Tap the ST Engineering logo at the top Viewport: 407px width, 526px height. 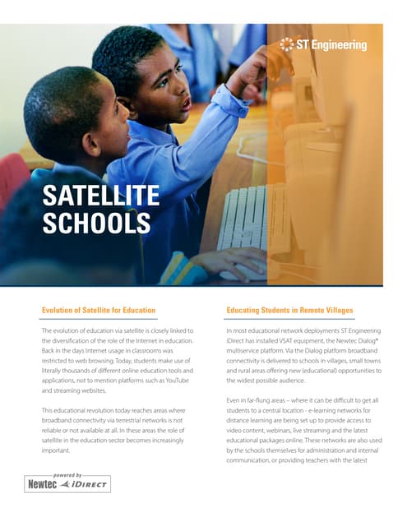323,44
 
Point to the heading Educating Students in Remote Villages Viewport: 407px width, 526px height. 289,310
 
